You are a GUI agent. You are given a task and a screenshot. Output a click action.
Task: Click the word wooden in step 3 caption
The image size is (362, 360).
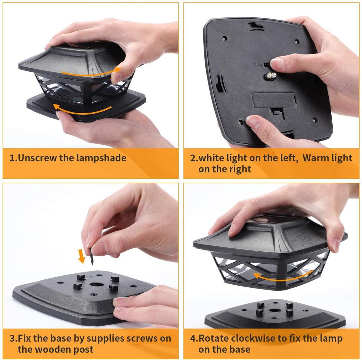pyautogui.click(x=53, y=349)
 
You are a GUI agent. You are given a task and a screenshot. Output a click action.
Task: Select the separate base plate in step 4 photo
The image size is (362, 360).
pyautogui.click(x=276, y=315)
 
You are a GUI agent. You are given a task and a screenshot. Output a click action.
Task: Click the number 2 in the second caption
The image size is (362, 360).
pyautogui.click(x=193, y=158)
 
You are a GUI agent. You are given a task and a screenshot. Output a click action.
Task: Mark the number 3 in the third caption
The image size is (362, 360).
pyautogui.click(x=12, y=338)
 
